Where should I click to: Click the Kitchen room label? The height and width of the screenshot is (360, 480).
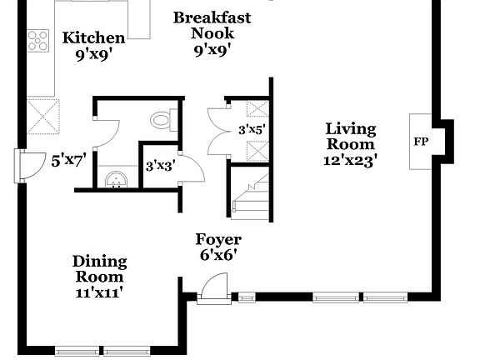[94, 37]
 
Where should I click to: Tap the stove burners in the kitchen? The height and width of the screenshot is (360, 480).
[38, 40]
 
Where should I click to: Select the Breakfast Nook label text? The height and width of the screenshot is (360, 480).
[212, 25]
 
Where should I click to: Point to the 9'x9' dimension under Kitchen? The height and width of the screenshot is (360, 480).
[94, 54]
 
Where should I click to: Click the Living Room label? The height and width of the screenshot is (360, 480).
[350, 137]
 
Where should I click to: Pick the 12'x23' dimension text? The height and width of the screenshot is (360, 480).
[351, 160]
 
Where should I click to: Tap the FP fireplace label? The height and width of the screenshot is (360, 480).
[421, 142]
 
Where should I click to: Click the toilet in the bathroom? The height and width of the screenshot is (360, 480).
[162, 121]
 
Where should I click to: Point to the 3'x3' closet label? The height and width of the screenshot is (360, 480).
[159, 166]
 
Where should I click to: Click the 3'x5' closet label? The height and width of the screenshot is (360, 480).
[251, 129]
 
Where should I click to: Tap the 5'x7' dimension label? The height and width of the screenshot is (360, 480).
[69, 160]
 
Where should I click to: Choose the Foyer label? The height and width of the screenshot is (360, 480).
[218, 240]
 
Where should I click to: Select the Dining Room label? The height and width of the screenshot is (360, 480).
[98, 268]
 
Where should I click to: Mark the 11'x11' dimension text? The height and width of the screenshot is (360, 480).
[98, 292]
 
